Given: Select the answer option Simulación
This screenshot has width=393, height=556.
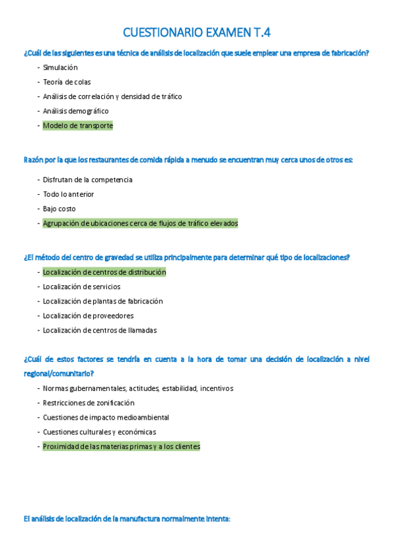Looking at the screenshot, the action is pos(60,68).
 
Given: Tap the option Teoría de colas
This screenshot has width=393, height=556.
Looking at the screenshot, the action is pos(67,82).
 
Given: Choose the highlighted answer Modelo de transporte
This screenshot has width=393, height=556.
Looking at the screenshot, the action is pos(78,125).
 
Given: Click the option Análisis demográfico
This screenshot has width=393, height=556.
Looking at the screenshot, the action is pos(75,111).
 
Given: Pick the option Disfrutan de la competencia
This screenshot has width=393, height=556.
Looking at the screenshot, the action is pos(87,180).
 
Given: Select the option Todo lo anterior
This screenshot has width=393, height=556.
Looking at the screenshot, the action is pos(68,194).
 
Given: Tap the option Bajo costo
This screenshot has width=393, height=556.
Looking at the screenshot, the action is pos(59,208).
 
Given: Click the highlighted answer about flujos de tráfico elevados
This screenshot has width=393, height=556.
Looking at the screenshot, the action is pos(140,223).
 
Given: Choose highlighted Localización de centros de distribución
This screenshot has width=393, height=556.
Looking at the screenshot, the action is pos(104,272).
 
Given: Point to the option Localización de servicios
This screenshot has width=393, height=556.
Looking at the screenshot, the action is pos(81,287).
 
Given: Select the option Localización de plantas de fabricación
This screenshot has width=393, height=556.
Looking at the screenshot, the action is pos(102,301).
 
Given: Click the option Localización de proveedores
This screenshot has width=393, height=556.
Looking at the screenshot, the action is pos(88,315).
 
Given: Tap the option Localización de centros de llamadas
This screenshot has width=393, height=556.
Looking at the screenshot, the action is pos(100,330).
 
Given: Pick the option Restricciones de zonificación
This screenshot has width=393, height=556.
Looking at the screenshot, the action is pos(89,403).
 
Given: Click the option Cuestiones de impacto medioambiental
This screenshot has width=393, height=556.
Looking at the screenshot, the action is pos(106,417).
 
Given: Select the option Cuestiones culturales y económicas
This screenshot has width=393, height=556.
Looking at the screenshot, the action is pos(100,431).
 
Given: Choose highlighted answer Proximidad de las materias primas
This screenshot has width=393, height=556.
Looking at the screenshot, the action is pos(121,447).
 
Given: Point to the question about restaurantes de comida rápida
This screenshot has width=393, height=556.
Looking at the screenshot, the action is pos(188,159).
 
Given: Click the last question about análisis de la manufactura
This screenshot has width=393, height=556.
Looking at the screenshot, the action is pos(127,519).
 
